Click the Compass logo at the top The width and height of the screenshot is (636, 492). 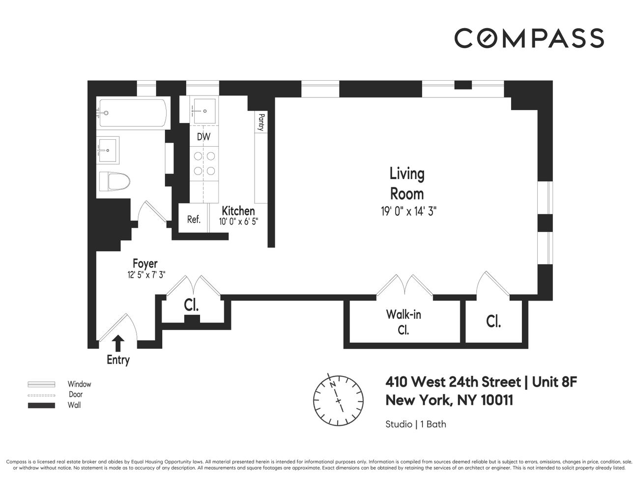click(529, 38)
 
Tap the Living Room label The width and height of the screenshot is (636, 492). click(406, 183)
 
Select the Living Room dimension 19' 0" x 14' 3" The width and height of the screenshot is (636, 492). click(408, 212)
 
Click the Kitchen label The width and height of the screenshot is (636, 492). click(238, 211)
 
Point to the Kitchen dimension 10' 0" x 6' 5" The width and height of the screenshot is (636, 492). click(238, 221)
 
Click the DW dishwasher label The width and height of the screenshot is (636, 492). click(203, 137)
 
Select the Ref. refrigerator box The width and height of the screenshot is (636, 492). click(194, 219)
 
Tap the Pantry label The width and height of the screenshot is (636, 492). click(261, 123)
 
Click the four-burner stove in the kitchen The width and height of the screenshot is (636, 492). click(204, 164)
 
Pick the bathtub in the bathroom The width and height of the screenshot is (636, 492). click(131, 113)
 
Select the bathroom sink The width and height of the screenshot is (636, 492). click(107, 150)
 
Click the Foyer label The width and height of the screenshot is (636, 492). click(145, 264)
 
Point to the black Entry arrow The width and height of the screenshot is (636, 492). click(118, 343)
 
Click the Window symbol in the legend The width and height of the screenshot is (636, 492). click(41, 384)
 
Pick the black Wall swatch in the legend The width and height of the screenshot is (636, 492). click(41, 405)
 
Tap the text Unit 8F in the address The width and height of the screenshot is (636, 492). click(554, 382)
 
